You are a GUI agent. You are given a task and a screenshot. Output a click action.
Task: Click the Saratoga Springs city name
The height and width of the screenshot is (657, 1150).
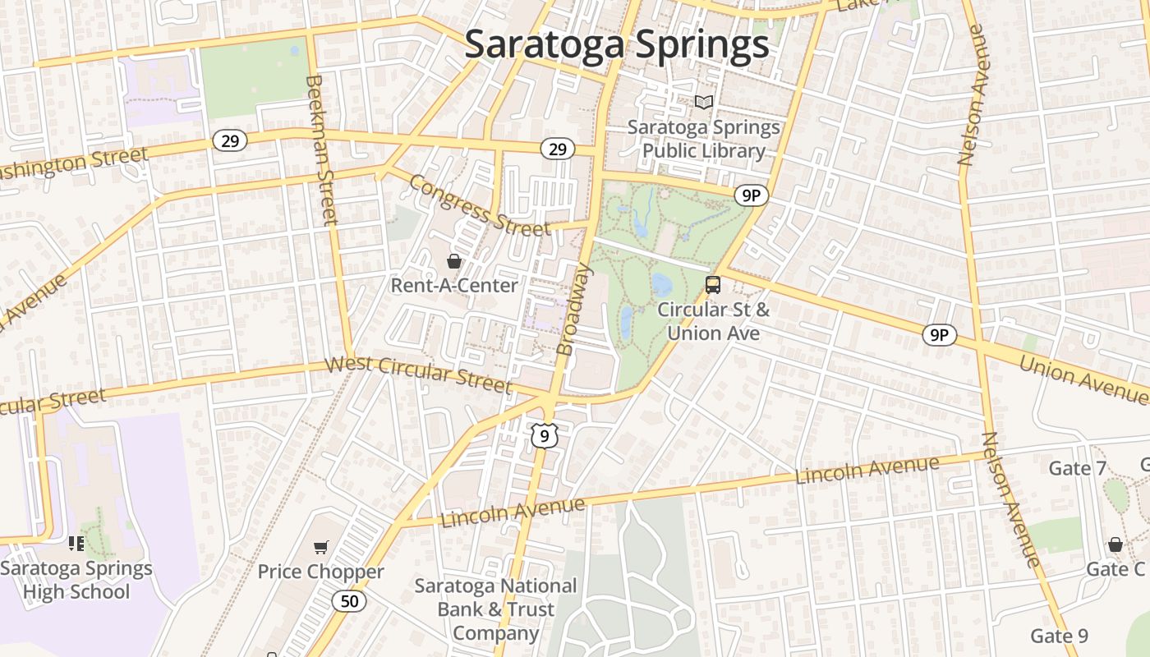point(617,44)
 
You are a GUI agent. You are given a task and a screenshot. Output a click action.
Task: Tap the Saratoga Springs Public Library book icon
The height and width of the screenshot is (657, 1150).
point(704,102)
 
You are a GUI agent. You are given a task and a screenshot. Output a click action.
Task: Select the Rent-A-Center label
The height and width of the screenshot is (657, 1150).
point(454,285)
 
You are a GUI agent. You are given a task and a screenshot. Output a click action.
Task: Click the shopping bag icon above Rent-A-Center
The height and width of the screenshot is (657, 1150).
point(453,262)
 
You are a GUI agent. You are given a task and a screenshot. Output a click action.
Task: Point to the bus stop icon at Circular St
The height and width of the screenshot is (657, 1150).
point(713,285)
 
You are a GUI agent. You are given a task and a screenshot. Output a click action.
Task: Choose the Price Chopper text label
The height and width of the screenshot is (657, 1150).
point(320,572)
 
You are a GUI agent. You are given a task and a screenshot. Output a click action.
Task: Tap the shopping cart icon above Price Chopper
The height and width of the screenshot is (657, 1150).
point(321,547)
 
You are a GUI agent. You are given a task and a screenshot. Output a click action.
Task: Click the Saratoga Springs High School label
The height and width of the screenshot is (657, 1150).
point(76,580)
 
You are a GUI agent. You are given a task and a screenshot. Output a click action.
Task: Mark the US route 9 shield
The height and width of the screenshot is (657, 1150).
point(545,435)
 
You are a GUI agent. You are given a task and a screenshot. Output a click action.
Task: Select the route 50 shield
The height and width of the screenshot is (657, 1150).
point(349,601)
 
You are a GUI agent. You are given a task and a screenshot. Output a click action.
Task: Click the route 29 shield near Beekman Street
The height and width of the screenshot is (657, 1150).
point(230,140)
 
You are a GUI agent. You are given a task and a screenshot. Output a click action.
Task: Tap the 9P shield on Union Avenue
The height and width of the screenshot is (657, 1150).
point(939,334)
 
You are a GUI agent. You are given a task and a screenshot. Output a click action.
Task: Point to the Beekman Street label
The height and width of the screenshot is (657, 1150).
point(321,149)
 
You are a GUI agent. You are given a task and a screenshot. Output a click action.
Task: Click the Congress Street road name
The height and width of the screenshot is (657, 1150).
point(479,204)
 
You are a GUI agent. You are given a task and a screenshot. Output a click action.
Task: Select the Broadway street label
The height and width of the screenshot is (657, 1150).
point(574,309)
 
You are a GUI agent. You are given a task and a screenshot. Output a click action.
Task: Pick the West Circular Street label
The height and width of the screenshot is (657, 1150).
point(419,374)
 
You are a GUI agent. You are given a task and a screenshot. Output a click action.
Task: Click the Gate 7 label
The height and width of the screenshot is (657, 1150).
point(1078,468)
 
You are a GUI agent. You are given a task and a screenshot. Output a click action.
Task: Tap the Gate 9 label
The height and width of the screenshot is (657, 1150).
point(1059,636)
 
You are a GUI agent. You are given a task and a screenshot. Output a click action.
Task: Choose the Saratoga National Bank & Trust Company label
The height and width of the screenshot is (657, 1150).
point(495,609)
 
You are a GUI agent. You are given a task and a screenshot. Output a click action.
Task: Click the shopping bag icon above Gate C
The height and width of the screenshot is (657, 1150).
point(1115,544)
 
